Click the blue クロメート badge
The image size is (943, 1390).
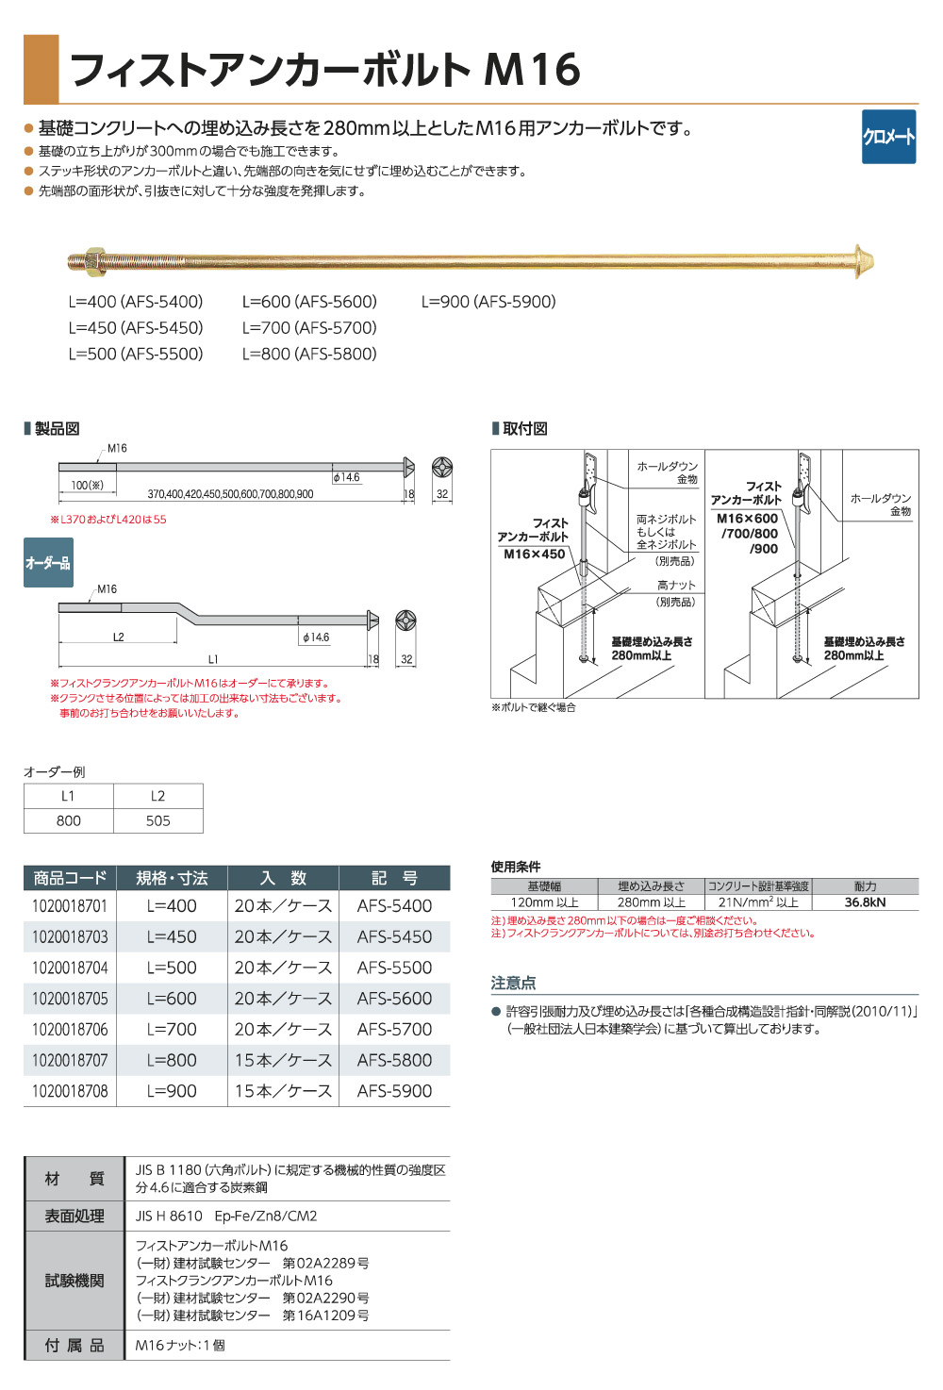(888, 137)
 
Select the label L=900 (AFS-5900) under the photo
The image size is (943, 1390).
(488, 302)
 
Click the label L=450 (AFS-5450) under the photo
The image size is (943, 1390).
(136, 327)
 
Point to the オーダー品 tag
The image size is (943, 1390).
(48, 563)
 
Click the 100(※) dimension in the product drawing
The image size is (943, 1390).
(88, 485)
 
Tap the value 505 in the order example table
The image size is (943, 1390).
(157, 820)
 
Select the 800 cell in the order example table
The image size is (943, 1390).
(69, 820)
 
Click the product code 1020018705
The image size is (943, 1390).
(70, 999)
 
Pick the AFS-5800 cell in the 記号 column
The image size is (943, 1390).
(394, 1060)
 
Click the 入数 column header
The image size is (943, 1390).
(284, 878)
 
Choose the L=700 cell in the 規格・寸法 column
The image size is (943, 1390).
(172, 1030)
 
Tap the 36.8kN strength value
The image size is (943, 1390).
(865, 902)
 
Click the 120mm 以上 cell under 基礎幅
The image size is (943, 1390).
(544, 902)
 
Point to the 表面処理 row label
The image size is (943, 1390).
(74, 1216)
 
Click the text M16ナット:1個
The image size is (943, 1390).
(180, 1346)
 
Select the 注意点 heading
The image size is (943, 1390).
(513, 983)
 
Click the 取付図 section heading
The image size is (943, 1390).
(524, 429)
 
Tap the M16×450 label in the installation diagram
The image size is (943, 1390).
(534, 554)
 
